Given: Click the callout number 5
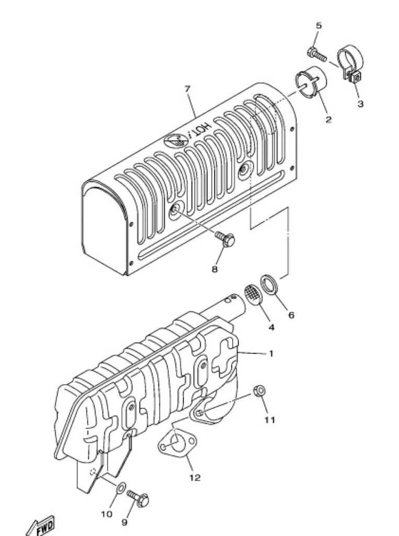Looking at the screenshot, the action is pos(318,26).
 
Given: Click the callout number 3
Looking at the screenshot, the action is pos(360,104).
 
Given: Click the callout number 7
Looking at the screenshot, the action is pos(187,89).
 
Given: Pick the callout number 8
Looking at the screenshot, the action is pos(214,270).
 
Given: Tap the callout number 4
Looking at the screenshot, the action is pos(271,328).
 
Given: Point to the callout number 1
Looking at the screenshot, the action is pos(271,353).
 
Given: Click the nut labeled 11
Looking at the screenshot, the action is pos(260,390).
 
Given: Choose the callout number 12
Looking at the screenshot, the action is pos(195,477).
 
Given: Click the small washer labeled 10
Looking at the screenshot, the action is pos(121,487).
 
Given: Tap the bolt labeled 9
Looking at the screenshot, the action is pos(138,499).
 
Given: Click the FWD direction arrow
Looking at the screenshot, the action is pos(40,526).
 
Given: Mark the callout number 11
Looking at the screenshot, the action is pos(270,419).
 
